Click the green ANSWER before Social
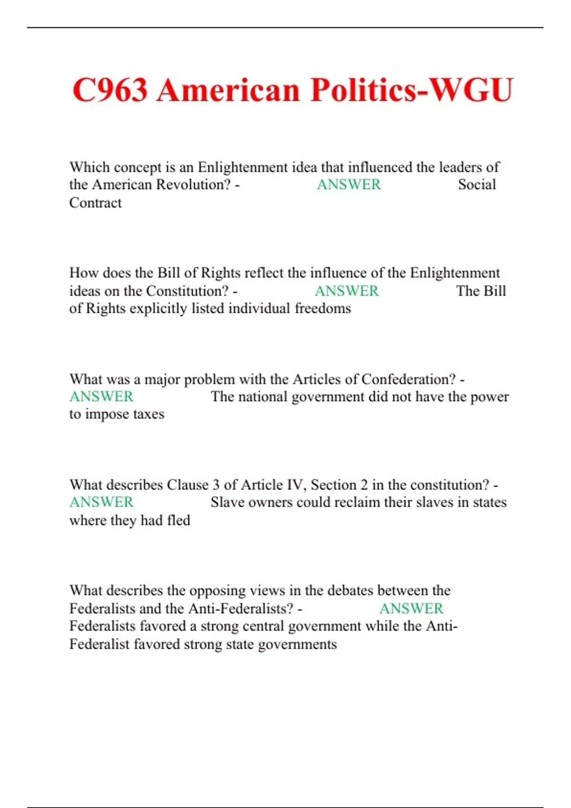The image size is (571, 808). point(349,184)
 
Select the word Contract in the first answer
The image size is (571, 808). point(96,202)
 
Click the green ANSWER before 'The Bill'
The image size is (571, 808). point(346,290)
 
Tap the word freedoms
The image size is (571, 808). point(323,308)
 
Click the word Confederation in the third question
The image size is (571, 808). point(408,379)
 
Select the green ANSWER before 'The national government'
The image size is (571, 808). point(101,396)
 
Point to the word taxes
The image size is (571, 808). point(148,414)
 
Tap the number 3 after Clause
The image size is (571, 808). point(216,485)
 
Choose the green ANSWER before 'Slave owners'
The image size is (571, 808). point(101,502)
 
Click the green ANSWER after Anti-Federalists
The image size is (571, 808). point(411,608)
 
